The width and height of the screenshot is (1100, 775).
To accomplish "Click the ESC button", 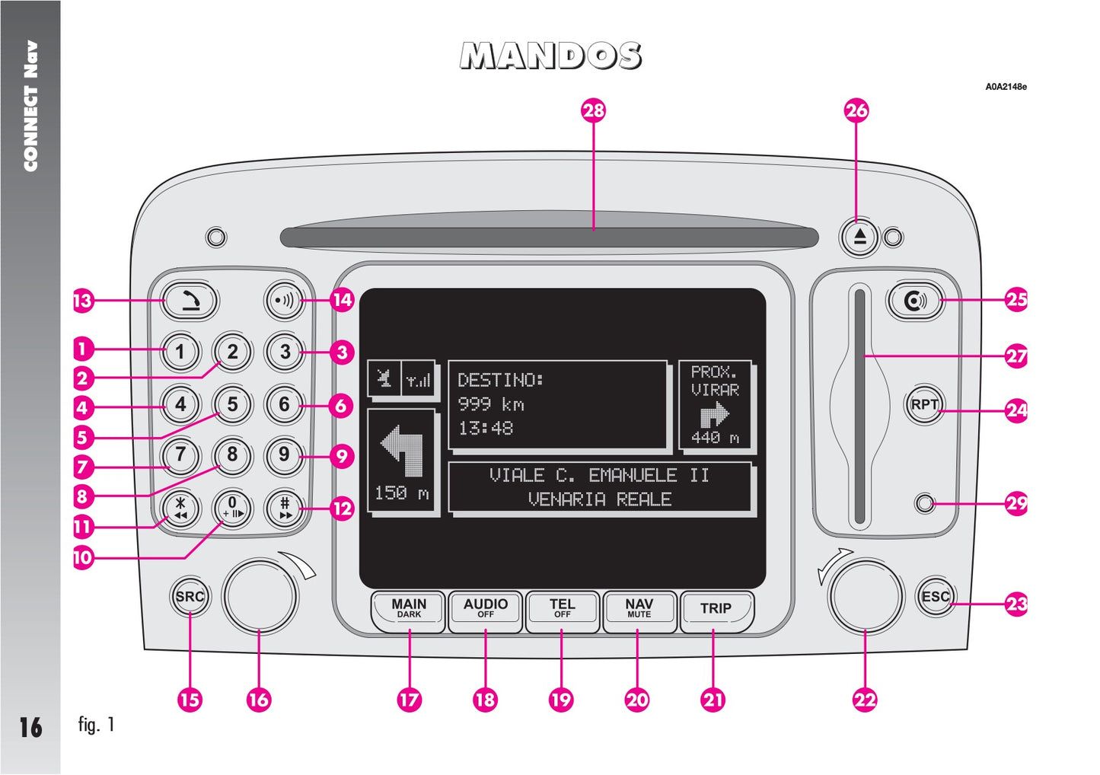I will click(x=935, y=596).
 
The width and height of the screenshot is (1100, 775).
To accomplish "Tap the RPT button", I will click(x=924, y=404).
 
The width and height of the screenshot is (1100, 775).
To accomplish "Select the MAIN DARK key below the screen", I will click(x=409, y=610).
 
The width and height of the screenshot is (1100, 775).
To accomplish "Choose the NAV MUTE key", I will click(x=639, y=610).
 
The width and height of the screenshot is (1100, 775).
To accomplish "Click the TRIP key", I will click(x=716, y=610).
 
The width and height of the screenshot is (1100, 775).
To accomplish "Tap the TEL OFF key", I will click(x=562, y=610).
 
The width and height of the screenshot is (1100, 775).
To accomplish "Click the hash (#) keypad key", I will click(x=285, y=507).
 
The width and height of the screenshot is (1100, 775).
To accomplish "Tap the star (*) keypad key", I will click(x=180, y=507).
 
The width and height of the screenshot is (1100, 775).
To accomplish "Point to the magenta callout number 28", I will click(x=593, y=110).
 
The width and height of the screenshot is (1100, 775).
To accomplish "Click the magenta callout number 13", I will click(x=81, y=300).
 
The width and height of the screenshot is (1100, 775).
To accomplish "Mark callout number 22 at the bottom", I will click(x=865, y=700).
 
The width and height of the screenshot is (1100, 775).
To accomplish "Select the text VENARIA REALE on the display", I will click(x=600, y=499).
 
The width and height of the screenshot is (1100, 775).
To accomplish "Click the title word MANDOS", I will click(x=550, y=56).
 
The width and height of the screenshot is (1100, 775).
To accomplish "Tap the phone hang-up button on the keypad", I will click(x=190, y=301).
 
